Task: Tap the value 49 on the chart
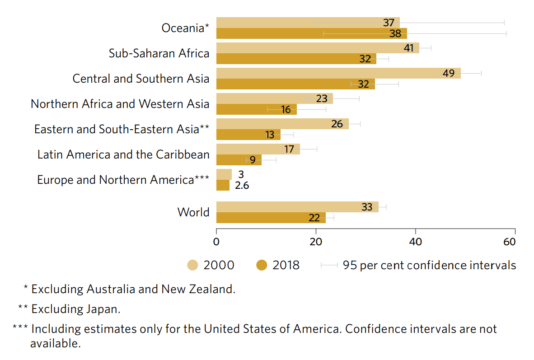click(448, 73)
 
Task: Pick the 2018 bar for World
click(271, 218)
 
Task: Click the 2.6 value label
click(242, 185)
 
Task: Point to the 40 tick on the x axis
click(415, 242)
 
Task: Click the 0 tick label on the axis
click(216, 242)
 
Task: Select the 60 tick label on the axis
click(509, 242)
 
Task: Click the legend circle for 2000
click(193, 265)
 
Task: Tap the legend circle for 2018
click(262, 265)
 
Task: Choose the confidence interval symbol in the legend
click(329, 265)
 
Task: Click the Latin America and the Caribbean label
click(123, 154)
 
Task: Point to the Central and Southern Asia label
click(141, 79)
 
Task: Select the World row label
click(193, 212)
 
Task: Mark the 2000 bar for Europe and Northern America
click(224, 174)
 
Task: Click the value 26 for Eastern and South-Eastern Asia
click(337, 124)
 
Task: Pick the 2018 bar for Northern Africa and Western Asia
click(256, 109)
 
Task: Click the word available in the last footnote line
click(55, 343)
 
